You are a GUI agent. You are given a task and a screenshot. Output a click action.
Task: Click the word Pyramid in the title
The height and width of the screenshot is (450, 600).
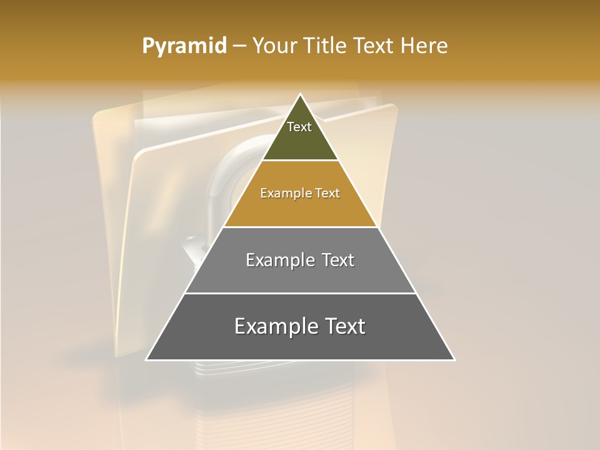coord(184,46)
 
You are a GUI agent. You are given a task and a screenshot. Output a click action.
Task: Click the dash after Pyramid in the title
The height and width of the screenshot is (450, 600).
coord(239,46)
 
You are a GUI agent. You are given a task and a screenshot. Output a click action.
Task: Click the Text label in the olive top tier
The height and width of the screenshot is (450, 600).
coord(299,127)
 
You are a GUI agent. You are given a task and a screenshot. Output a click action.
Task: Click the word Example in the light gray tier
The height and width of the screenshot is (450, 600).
coord(279,260)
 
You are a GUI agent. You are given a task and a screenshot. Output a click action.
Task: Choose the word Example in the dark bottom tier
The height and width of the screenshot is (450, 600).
coord(274,326)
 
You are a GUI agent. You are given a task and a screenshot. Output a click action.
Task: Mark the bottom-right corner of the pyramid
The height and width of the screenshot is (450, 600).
coord(454,359)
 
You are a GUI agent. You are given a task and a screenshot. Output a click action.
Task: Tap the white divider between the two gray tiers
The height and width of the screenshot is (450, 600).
coord(300,293)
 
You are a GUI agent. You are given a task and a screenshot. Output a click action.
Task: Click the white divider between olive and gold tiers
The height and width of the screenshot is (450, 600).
coord(300,161)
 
